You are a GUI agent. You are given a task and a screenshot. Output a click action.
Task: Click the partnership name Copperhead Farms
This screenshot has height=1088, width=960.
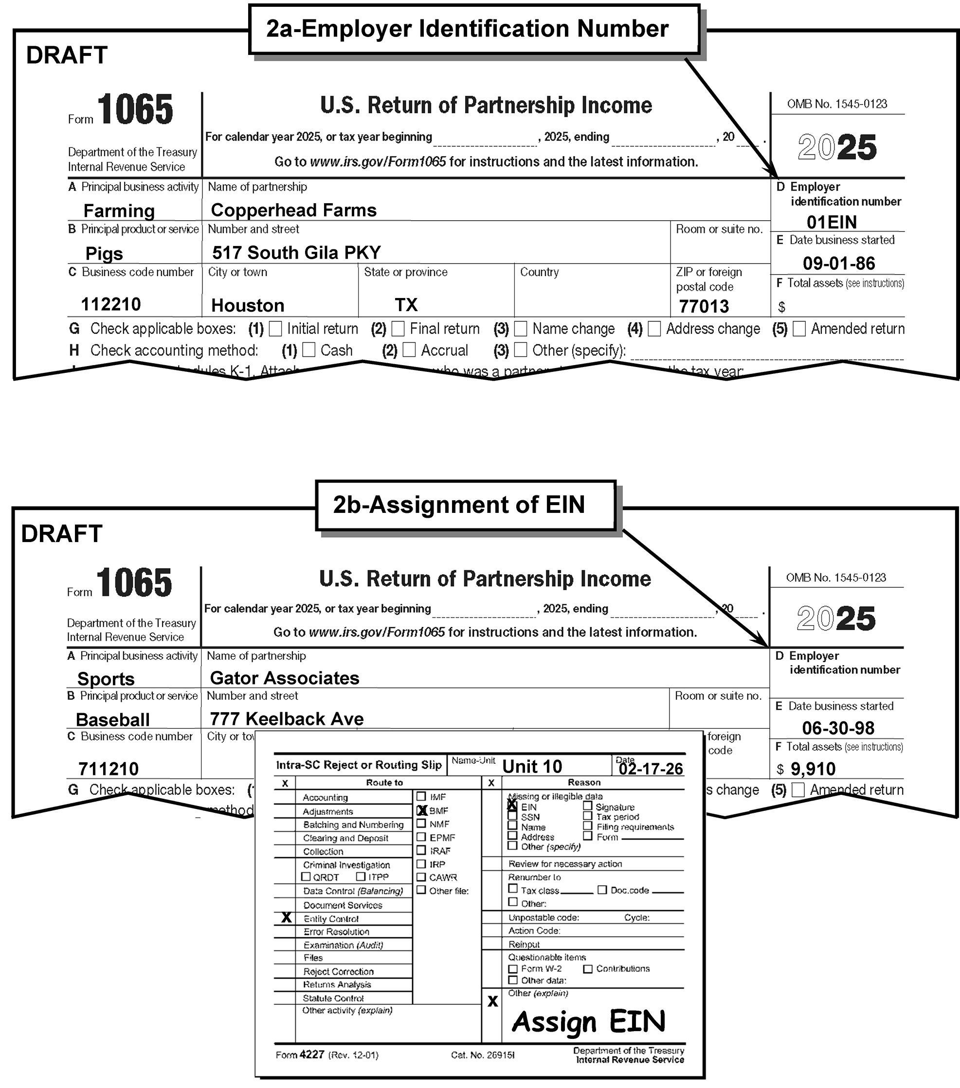click(x=293, y=210)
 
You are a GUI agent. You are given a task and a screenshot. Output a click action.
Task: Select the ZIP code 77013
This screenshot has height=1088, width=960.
click(x=704, y=307)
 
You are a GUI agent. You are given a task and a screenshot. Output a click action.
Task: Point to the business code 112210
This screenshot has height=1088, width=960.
click(x=111, y=304)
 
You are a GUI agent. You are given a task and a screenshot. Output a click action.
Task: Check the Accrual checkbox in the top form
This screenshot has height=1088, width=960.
click(x=409, y=350)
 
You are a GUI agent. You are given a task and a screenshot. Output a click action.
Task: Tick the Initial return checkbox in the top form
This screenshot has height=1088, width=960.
click(x=275, y=329)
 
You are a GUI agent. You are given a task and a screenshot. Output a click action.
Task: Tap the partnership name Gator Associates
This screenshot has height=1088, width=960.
click(x=285, y=678)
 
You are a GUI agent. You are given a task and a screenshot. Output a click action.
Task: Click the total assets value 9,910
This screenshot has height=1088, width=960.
click(x=813, y=769)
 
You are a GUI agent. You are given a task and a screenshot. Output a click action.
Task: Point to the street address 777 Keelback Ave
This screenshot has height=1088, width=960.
click(x=287, y=719)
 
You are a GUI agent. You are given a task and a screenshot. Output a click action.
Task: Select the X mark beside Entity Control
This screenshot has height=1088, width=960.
click(x=286, y=918)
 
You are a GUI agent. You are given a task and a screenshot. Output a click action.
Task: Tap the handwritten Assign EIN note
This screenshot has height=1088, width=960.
click(x=588, y=1021)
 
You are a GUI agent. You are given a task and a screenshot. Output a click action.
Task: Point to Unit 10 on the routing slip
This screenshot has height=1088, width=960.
click(x=532, y=767)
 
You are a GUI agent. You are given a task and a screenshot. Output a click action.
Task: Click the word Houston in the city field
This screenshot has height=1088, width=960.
click(x=248, y=305)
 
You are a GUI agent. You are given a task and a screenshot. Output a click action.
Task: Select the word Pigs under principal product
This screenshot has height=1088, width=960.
click(x=104, y=254)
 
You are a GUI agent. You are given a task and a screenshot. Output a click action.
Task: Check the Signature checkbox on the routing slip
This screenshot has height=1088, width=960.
click(x=588, y=806)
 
